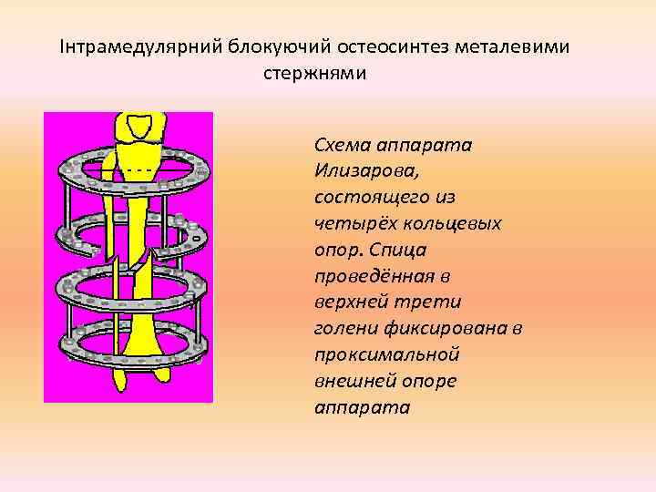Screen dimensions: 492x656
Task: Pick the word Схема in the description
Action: [343, 145]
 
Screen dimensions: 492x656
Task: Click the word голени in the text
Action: [343, 328]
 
